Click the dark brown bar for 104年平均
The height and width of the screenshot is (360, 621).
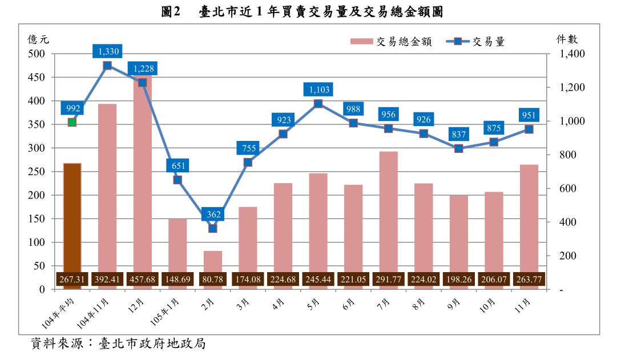72,217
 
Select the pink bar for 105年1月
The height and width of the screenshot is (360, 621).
178,245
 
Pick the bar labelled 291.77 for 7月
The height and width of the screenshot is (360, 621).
389,211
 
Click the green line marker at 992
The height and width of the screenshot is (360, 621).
72,122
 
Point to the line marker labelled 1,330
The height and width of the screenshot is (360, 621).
107,66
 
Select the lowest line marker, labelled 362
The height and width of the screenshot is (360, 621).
213,228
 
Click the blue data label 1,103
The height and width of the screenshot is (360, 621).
318,90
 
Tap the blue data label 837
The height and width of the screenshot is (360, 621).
459,135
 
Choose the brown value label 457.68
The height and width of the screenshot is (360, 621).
142,280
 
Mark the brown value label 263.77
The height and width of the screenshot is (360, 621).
529,280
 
